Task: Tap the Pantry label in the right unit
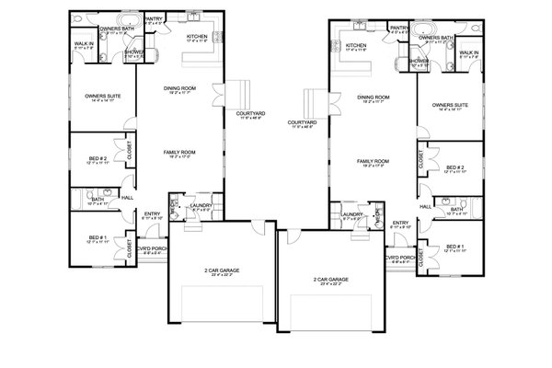[398, 29]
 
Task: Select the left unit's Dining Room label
[177, 89]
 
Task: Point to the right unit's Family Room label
[374, 161]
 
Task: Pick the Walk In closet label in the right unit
[468, 53]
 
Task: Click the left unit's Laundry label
[202, 206]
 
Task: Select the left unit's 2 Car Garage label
[220, 272]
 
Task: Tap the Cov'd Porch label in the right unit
[397, 259]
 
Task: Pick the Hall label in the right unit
[425, 206]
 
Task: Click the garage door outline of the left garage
[221, 304]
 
